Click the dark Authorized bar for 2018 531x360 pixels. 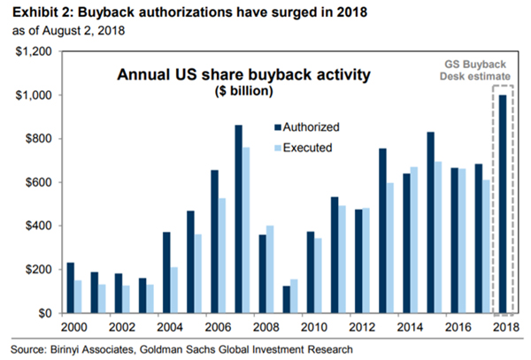click(x=503, y=204)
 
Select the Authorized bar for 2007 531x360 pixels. click(x=239, y=219)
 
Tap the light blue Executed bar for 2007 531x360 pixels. click(x=246, y=230)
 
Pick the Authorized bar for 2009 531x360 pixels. click(x=287, y=300)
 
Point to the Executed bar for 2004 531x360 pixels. click(x=174, y=290)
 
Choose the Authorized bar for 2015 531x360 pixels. click(x=431, y=223)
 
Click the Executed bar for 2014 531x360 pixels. click(x=414, y=240)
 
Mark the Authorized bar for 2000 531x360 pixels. click(x=71, y=288)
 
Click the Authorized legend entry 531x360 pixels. click(x=307, y=127)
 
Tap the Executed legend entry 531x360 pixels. click(x=304, y=148)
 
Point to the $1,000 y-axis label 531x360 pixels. click(x=34, y=96)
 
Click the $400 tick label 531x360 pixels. click(x=39, y=226)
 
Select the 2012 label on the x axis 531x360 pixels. click(x=362, y=327)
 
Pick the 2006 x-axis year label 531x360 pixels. click(x=218, y=327)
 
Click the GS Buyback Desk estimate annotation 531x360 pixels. click(x=474, y=71)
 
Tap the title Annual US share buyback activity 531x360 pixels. click(x=244, y=74)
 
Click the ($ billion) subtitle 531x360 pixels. click(x=244, y=91)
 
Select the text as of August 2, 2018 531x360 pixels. click(x=69, y=30)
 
